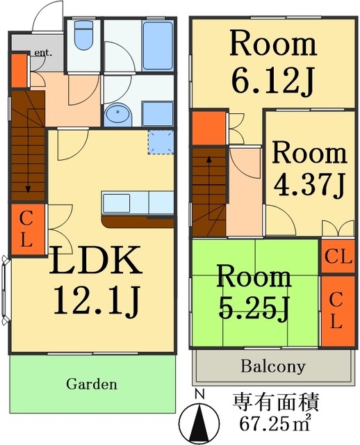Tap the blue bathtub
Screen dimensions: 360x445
[x=158, y=46]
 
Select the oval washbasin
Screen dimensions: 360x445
[x=118, y=114]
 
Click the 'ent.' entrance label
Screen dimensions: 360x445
[x=43, y=53]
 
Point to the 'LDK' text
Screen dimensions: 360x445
[x=95, y=260]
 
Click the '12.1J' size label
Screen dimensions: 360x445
[x=97, y=300]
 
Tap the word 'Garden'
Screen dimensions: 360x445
[x=91, y=385]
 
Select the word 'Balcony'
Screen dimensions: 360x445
[x=273, y=366]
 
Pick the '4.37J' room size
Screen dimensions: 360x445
[x=309, y=186]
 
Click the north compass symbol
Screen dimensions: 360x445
[x=200, y=421]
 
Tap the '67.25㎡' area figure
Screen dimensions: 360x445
[x=275, y=423]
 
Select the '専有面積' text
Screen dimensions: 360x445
[x=275, y=402]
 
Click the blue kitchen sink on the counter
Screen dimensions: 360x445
[x=116, y=203]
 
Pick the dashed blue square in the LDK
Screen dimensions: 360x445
[x=161, y=142]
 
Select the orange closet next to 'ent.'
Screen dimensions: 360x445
[x=19, y=70]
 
